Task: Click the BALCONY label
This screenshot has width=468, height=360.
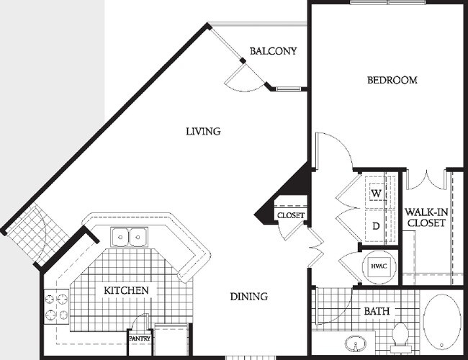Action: tap(273, 51)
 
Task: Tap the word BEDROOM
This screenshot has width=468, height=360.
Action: tap(392, 80)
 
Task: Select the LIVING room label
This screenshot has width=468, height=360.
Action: tap(203, 131)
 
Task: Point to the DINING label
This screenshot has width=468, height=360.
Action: tap(249, 297)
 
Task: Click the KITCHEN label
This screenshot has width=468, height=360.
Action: tap(126, 290)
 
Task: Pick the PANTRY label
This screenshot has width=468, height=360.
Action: tap(140, 339)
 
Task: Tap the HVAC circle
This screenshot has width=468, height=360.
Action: tap(379, 266)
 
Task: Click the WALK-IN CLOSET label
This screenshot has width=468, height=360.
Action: tap(426, 217)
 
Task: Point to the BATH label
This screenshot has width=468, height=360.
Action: tap(377, 311)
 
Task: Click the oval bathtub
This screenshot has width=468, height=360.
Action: tap(442, 322)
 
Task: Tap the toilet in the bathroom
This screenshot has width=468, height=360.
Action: tap(400, 336)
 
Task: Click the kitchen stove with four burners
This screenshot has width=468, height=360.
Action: tap(56, 307)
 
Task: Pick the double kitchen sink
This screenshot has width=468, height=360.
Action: tap(129, 237)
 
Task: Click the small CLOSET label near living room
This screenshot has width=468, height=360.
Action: tap(291, 215)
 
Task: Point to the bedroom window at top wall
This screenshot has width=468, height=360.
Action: tap(388, 2)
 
